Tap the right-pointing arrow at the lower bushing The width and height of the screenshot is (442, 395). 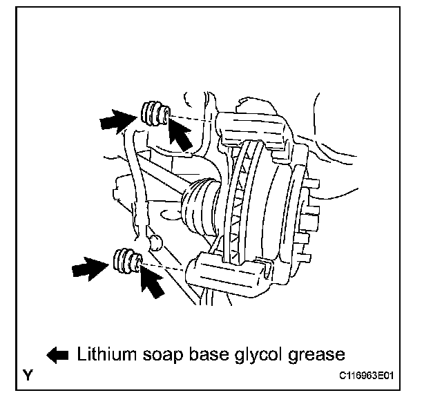(x=90, y=268)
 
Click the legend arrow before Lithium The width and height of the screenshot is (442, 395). (x=58, y=355)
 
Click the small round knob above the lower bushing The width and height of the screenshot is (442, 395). (x=155, y=242)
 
